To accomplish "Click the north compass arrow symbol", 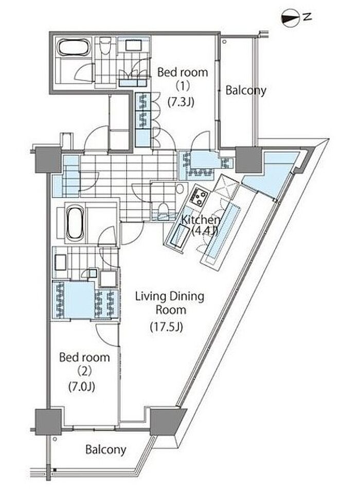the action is point(290,18).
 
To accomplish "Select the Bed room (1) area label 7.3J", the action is point(181,102).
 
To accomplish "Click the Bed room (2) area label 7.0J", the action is point(81,386).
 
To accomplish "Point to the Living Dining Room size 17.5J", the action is point(166,327).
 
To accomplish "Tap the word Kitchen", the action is point(201,220).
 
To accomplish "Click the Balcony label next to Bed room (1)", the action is point(246,90).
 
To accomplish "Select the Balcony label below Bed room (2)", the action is point(106,450).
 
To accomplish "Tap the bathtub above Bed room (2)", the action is point(75,222).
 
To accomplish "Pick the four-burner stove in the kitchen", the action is point(198,197).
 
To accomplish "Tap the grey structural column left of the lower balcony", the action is point(48,422).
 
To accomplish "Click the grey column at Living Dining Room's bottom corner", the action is point(168,422).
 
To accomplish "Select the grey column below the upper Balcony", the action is point(248,160).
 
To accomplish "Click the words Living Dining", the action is point(170,297).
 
